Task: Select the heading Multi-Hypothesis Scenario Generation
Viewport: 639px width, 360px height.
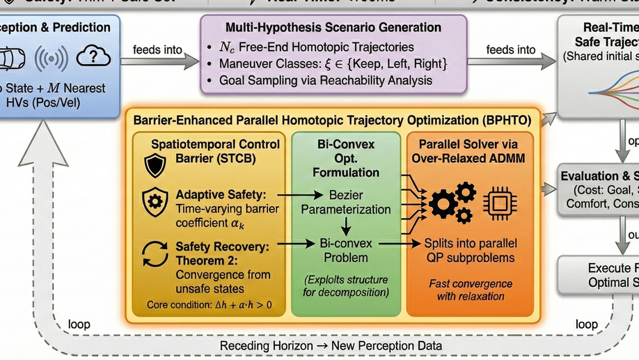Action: [x=333, y=27]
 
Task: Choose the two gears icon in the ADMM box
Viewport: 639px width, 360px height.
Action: [x=452, y=201]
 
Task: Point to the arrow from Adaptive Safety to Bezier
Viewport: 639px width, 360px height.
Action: [x=301, y=196]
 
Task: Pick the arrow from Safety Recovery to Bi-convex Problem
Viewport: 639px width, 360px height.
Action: [x=300, y=244]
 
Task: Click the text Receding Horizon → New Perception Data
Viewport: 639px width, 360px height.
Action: [x=331, y=345]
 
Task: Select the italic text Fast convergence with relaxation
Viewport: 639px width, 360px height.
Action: [x=470, y=290]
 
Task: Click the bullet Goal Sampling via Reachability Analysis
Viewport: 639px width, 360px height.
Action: [x=325, y=80]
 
